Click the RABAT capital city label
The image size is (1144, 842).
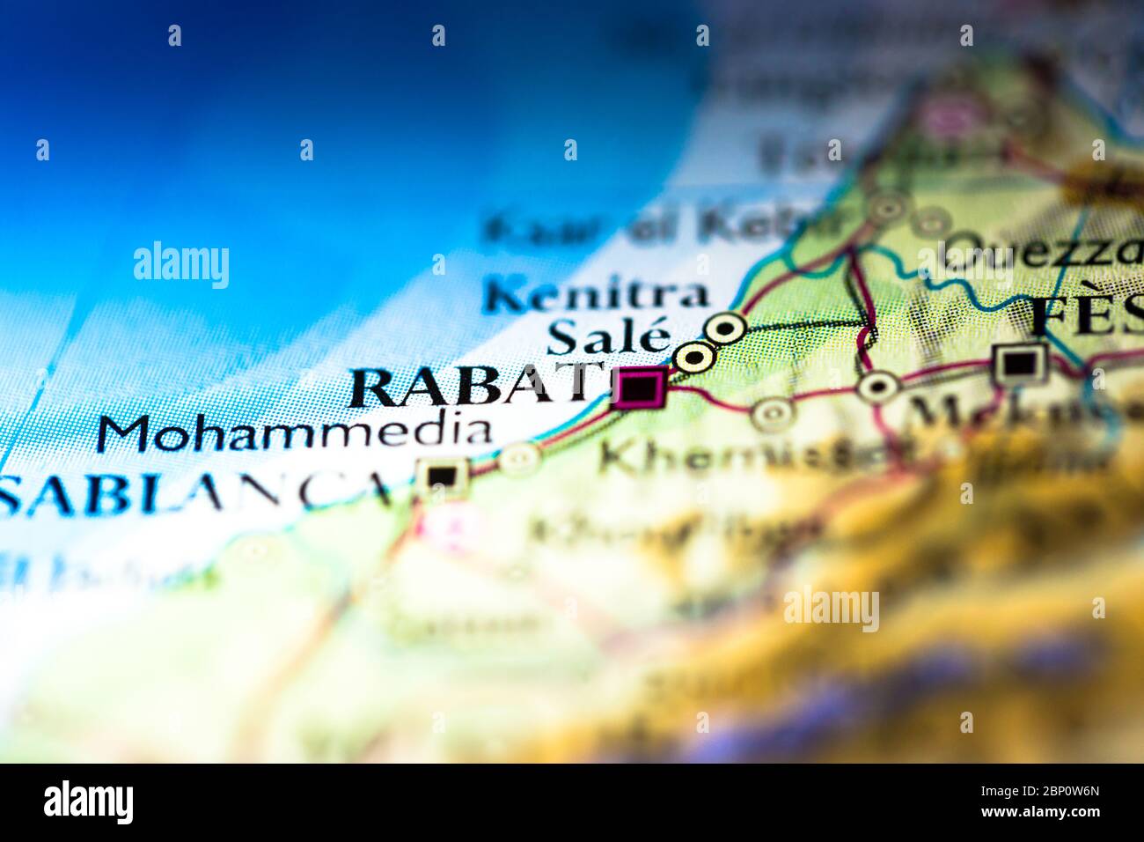click(475, 387)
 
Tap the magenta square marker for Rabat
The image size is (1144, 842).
click(640, 388)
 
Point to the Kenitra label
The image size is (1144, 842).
click(596, 295)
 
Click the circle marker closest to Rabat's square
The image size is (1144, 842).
click(693, 358)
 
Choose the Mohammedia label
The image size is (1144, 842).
click(295, 432)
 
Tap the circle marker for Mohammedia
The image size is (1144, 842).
click(518, 457)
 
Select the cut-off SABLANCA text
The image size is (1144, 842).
click(198, 496)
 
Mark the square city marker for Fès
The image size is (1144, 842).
click(1019, 362)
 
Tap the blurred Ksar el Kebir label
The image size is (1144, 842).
click(660, 227)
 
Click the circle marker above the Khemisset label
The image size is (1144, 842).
click(772, 412)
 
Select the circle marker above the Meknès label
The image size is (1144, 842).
click(878, 385)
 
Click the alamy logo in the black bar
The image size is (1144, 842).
click(88, 802)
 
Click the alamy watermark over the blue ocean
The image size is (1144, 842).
click(181, 265)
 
